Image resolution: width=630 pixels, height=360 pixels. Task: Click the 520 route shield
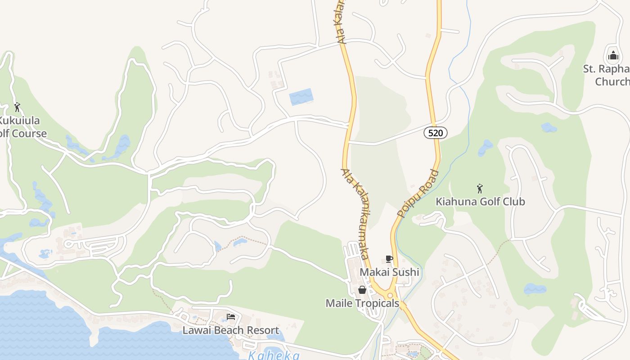point(436,132)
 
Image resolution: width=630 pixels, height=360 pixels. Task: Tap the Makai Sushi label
point(389,272)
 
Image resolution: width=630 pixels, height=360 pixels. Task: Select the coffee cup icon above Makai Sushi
point(389,259)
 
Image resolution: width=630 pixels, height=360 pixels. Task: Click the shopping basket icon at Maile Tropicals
point(362,290)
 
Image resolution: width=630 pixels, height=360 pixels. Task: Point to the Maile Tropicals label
point(362,303)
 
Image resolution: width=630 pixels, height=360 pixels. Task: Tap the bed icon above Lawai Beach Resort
point(231,317)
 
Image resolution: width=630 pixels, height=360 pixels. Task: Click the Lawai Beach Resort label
point(230,330)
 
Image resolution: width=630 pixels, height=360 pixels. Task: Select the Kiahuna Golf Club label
point(480,201)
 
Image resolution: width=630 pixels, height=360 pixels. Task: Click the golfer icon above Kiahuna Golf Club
point(480,188)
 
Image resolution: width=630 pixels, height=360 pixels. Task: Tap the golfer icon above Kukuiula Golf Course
point(17,107)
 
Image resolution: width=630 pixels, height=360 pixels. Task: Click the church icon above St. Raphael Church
point(613,56)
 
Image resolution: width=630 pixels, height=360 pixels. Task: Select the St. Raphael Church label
point(607,75)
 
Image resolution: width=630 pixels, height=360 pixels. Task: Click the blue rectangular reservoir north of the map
point(301,97)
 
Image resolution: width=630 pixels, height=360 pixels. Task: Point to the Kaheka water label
point(274,355)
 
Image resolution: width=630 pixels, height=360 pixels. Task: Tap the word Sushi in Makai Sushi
point(405,272)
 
